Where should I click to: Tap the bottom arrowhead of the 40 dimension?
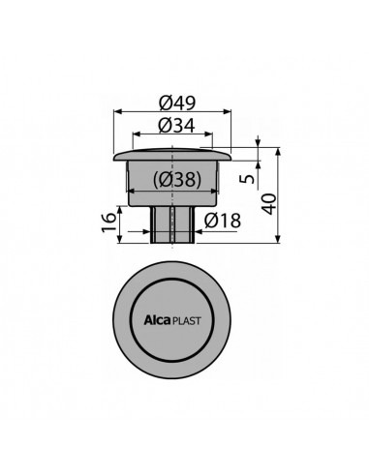280,243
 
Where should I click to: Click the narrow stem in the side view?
174,224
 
